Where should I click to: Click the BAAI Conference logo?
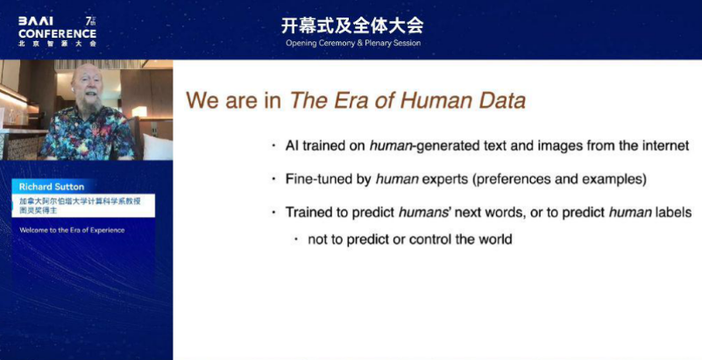pos(57,32)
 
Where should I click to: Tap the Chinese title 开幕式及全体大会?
pos(352,26)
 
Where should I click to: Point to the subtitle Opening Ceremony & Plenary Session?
pos(353,44)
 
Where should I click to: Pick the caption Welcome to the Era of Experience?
pos(72,230)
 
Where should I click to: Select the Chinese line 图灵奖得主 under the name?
pos(38,210)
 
